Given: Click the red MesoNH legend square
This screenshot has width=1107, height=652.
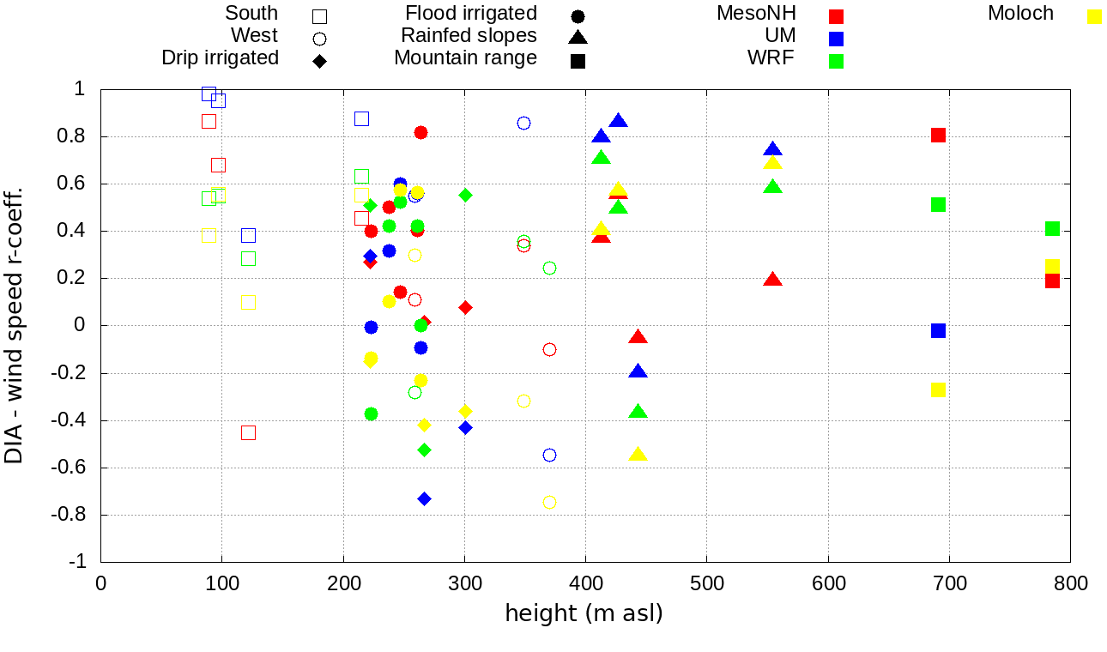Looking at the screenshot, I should pyautogui.click(x=837, y=15).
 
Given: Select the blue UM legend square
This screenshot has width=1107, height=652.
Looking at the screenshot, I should pyautogui.click(x=837, y=38).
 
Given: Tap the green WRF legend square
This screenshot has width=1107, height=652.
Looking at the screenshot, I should pyautogui.click(x=837, y=61).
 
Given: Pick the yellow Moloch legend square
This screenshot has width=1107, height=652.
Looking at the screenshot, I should pyautogui.click(x=1094, y=15).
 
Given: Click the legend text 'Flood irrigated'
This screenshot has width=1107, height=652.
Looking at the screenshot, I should pyautogui.click(x=471, y=14).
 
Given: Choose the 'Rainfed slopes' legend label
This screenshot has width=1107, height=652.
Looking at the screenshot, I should pyautogui.click(x=469, y=36).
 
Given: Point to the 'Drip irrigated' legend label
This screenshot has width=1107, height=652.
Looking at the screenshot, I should pyautogui.click(x=221, y=58).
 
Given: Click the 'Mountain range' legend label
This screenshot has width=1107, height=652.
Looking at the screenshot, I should pyautogui.click(x=465, y=58).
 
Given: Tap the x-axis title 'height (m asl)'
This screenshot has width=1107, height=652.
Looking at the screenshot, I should pyautogui.click(x=584, y=614).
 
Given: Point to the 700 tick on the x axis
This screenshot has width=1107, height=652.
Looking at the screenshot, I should pyautogui.click(x=949, y=583).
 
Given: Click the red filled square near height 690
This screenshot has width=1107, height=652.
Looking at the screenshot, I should pyautogui.click(x=938, y=135).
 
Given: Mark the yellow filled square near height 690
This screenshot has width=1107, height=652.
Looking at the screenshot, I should pyautogui.click(x=938, y=389).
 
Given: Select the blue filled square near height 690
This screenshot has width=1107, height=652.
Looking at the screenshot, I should pyautogui.click(x=938, y=330).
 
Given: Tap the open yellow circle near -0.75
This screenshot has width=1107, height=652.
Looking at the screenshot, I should pyautogui.click(x=549, y=502).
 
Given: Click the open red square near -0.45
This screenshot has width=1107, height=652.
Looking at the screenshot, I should pyautogui.click(x=248, y=432).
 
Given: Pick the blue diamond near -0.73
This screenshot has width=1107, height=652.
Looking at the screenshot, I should pyautogui.click(x=424, y=498).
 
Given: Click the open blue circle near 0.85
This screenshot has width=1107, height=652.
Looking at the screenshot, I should pyautogui.click(x=523, y=123).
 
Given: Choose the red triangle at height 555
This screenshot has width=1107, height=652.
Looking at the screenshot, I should pyautogui.click(x=772, y=280).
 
